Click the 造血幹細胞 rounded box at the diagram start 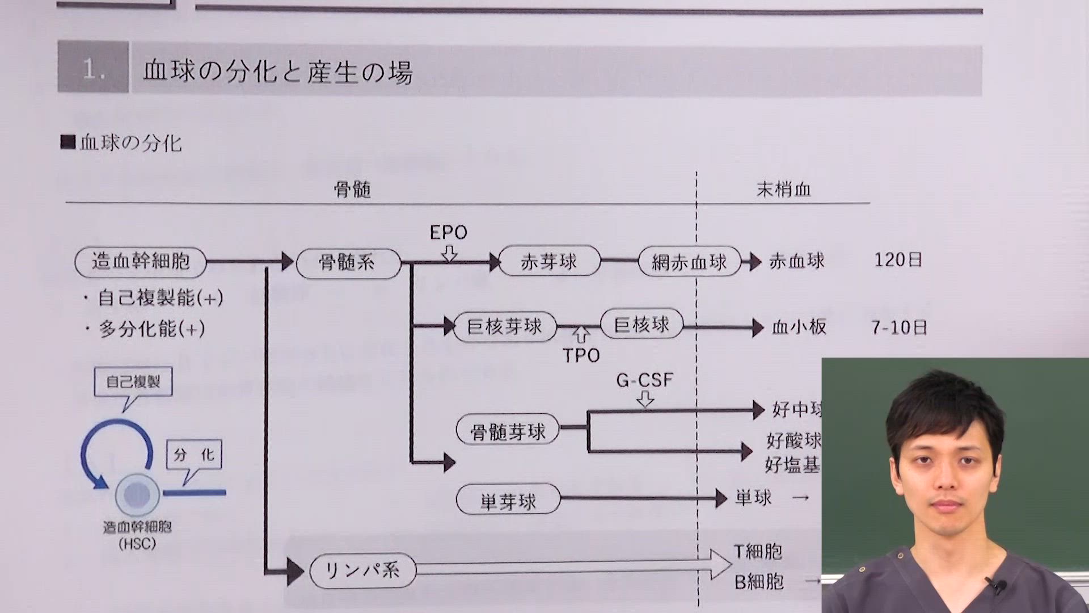140,262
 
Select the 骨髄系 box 348,263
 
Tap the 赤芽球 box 548,262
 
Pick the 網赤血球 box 689,262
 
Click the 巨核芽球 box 504,327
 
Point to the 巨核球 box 641,325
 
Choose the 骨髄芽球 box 508,431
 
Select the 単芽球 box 508,501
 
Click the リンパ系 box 362,570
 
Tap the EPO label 448,233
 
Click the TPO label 581,356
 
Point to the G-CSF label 644,380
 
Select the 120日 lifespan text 898,261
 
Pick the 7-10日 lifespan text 899,328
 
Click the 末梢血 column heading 783,190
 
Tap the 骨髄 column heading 352,190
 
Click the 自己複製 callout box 133,382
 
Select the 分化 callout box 193,455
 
